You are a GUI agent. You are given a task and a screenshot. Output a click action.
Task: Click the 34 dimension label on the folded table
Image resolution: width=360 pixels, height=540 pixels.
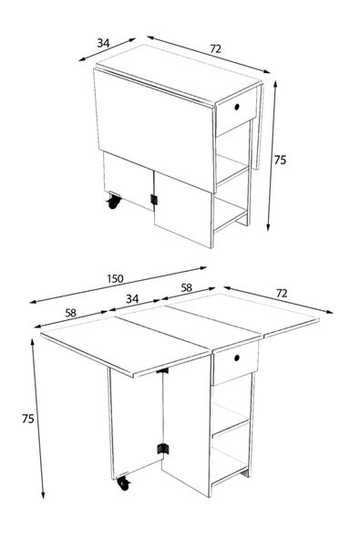coord(103,43)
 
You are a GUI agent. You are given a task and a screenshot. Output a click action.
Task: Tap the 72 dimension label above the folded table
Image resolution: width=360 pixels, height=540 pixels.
coord(215,49)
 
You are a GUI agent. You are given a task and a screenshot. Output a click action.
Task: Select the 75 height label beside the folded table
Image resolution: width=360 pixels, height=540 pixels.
coord(280,161)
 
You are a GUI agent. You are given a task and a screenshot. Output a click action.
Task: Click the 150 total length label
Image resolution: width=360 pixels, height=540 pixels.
coord(115,278)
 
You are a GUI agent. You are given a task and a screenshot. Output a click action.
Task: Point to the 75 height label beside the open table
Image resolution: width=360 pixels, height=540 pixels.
coord(28,419)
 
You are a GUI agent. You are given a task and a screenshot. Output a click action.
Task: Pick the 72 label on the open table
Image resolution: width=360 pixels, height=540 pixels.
coord(282,293)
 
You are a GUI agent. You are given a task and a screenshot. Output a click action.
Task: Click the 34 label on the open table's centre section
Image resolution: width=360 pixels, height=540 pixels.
coord(132,298)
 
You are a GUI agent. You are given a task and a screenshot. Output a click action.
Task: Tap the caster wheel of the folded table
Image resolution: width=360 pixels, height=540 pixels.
coord(113,201)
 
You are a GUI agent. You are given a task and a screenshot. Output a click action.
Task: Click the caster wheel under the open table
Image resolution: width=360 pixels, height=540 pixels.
coord(124,483)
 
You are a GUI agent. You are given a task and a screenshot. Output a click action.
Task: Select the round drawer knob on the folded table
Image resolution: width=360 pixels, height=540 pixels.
coord(237,107)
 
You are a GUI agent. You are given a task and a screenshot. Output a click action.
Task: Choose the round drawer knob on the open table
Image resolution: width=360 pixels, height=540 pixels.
coord(237,358)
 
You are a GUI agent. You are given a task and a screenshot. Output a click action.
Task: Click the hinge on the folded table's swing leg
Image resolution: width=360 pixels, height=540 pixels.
coord(154,200)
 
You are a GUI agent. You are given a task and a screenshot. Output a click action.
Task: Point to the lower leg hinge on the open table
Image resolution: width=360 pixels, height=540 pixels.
coord(163,449)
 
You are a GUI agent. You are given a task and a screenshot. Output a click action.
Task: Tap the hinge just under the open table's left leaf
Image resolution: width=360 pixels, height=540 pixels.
coord(162,371)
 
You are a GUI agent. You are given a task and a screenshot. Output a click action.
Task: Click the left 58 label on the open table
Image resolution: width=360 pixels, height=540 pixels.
coord(70,313)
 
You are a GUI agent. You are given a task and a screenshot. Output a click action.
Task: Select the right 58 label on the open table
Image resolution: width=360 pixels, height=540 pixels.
coord(186,287)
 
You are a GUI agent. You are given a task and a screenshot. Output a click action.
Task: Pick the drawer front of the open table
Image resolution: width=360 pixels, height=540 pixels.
coord(236,363)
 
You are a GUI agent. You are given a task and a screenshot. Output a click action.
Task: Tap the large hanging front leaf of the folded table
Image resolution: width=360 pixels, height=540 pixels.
coord(155,130)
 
